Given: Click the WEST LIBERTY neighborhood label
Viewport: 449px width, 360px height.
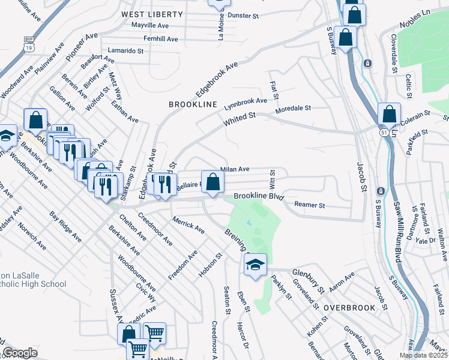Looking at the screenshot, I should tap(152, 14).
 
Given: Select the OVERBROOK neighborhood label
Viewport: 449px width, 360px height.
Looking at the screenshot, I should tap(349, 307).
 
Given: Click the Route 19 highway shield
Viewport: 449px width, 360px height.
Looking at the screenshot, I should tap(28, 46).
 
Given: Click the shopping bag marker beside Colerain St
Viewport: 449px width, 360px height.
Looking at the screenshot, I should tap(390, 113).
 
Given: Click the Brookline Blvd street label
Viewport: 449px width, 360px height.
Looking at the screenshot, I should tap(258, 196).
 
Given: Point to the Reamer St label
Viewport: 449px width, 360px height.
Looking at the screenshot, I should tap(309, 205).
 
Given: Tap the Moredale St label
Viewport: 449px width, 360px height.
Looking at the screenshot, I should tap(292, 109).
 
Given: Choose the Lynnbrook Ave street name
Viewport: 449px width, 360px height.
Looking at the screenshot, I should tap(246, 104).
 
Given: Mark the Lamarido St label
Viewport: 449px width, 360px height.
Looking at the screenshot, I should tap(125, 51).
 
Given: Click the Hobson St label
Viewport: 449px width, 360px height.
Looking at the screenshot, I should tap(211, 265).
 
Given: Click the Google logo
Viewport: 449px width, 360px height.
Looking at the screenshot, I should tap(20, 353).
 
